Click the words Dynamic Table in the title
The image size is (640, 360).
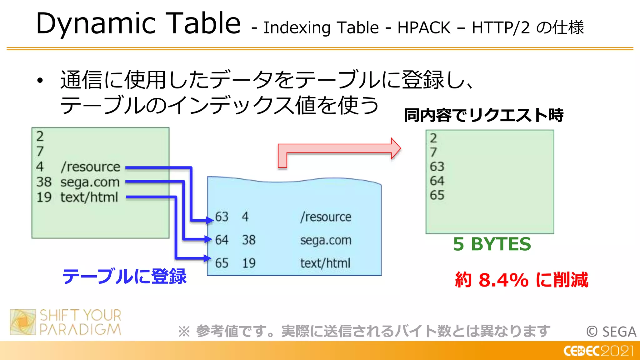pos(138,24)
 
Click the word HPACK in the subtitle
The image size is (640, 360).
pos(424,28)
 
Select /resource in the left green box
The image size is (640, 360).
pos(90,167)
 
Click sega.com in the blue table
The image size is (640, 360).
pos(326,240)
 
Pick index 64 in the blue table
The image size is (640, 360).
pos(222,240)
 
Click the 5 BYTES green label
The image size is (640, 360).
pos(492,244)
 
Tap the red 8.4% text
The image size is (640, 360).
pos(503,280)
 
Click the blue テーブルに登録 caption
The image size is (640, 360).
pos(124,277)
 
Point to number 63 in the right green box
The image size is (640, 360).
pos(437,167)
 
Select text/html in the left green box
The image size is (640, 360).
pos(89,197)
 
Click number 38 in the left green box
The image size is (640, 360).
pos(44,182)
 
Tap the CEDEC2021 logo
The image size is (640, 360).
pos(598,351)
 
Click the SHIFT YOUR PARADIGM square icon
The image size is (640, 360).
pos(23,322)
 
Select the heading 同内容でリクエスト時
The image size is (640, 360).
pos(483,115)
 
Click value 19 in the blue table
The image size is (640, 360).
pos(249,263)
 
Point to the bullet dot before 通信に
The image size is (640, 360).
pos(40,81)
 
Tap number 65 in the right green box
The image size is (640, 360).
pos(437,195)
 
